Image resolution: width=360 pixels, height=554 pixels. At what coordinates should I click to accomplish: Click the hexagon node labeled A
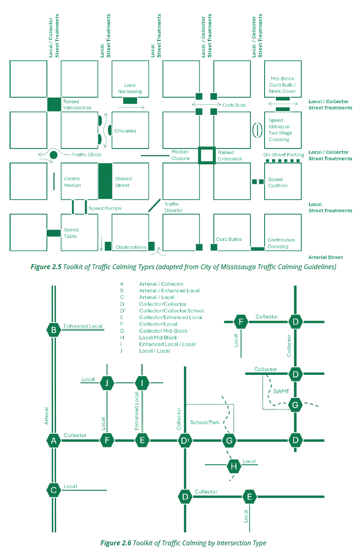54,440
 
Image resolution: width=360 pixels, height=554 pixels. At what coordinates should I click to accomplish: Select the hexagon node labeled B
54,330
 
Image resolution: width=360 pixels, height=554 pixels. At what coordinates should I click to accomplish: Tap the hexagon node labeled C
54,490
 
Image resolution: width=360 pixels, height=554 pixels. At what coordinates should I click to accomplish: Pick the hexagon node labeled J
107,383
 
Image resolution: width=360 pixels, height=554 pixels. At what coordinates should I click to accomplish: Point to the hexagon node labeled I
142,383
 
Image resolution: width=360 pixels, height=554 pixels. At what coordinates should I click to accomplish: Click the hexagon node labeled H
234,467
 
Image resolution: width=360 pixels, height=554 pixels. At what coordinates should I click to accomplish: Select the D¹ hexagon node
185,440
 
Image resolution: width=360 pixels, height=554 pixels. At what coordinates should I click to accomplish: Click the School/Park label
205,423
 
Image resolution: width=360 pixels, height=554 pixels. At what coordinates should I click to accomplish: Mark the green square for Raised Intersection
54,104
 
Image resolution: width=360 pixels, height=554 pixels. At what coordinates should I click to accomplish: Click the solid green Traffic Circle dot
54,155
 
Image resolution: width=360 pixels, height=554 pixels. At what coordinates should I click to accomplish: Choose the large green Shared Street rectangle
105,181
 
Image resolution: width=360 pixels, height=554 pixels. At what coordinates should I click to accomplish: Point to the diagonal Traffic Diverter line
154,205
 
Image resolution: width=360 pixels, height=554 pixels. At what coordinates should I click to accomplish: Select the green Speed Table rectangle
54,233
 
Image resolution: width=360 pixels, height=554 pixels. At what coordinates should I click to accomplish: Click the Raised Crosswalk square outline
207,156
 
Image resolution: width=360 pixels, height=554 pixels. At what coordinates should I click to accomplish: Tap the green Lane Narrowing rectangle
130,100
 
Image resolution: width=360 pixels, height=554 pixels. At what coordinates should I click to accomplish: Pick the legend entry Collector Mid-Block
163,331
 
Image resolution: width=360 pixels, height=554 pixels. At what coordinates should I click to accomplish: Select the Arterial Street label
326,257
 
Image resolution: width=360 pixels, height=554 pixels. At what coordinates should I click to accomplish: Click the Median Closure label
180,155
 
